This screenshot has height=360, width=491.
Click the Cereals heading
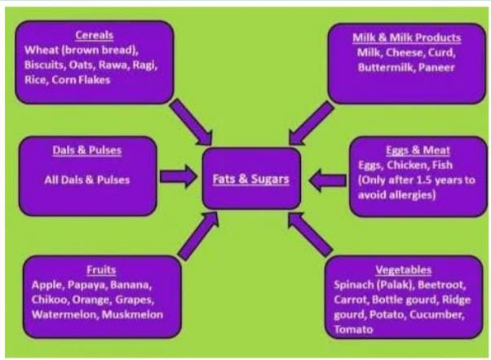click(x=93, y=35)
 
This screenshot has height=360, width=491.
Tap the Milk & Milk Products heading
click(x=408, y=38)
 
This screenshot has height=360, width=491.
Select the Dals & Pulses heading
click(x=86, y=150)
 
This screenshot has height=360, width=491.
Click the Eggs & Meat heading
click(x=408, y=150)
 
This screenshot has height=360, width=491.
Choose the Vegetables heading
click(x=404, y=270)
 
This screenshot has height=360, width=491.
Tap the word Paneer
click(x=439, y=67)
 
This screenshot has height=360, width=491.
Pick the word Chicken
click(x=414, y=165)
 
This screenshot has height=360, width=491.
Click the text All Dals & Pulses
click(x=86, y=180)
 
